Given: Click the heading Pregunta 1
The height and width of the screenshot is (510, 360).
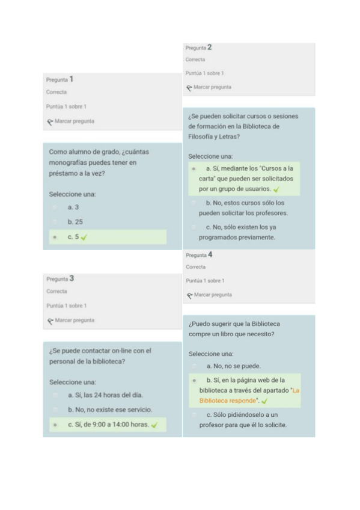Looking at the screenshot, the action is (x=60, y=79).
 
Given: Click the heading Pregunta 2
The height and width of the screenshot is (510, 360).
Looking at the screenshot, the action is (x=199, y=47).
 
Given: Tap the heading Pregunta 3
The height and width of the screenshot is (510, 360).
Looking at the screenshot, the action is (x=60, y=278).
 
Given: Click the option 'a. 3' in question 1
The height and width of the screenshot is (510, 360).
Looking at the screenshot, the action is (x=73, y=207).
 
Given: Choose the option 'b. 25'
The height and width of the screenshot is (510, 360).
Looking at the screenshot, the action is (x=75, y=222).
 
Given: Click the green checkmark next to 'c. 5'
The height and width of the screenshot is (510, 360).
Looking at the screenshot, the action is (x=84, y=237).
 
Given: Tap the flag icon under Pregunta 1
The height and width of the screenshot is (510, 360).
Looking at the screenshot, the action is (x=50, y=121).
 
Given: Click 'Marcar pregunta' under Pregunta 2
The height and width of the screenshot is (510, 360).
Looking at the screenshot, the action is (x=212, y=87).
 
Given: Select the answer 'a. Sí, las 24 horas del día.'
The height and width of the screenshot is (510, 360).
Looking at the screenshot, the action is (x=105, y=395).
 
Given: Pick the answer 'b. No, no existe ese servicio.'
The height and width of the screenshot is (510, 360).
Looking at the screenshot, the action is (x=109, y=410).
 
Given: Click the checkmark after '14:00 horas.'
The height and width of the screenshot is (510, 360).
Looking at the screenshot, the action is (x=154, y=425).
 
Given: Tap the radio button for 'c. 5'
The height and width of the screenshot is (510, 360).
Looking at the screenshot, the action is (x=55, y=237).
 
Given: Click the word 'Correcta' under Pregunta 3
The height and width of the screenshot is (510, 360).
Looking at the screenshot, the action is (x=56, y=292).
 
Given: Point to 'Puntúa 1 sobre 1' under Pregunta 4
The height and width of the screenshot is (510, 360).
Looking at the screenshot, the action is (x=206, y=281).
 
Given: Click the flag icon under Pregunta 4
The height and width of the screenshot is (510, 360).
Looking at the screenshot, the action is (x=189, y=295).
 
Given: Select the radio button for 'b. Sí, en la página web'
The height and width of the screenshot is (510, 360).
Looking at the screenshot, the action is (x=194, y=381).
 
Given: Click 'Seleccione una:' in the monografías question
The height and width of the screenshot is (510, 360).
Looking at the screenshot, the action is (x=72, y=194).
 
